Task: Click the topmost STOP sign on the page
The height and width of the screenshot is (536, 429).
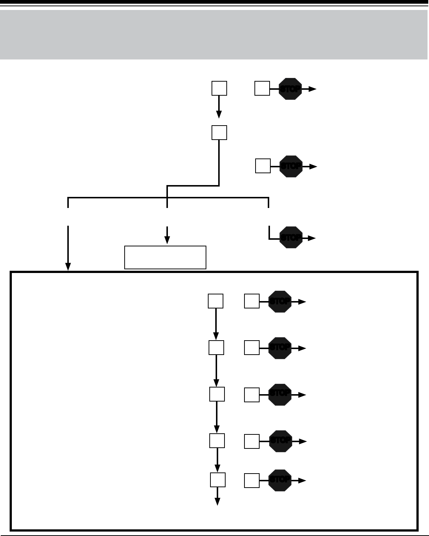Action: pyautogui.click(x=290, y=89)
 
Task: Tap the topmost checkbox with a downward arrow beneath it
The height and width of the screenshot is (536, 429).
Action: pyautogui.click(x=219, y=89)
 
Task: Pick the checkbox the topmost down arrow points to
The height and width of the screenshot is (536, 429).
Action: pyautogui.click(x=219, y=133)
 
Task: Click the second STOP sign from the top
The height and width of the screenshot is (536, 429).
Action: pyautogui.click(x=291, y=167)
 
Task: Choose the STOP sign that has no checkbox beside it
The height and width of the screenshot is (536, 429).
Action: pyautogui.click(x=291, y=238)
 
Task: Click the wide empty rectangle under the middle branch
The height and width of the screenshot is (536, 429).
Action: pyautogui.click(x=165, y=257)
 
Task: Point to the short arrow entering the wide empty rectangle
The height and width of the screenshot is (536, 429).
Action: pyautogui.click(x=167, y=235)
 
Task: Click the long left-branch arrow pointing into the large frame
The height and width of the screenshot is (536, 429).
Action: pyautogui.click(x=68, y=247)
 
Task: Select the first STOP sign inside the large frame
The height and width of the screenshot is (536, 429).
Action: pyautogui.click(x=280, y=301)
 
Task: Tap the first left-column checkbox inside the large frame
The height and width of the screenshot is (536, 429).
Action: pyautogui.click(x=216, y=301)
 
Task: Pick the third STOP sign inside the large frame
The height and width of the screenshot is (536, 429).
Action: pyautogui.click(x=280, y=395)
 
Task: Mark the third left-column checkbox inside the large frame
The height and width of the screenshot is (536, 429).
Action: pyautogui.click(x=217, y=395)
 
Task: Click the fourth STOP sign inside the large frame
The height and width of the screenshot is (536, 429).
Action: pyautogui.click(x=281, y=441)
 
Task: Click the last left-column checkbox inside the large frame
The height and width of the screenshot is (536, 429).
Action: pyautogui.click(x=218, y=480)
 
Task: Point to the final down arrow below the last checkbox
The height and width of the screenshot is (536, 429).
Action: pyautogui.click(x=217, y=496)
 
